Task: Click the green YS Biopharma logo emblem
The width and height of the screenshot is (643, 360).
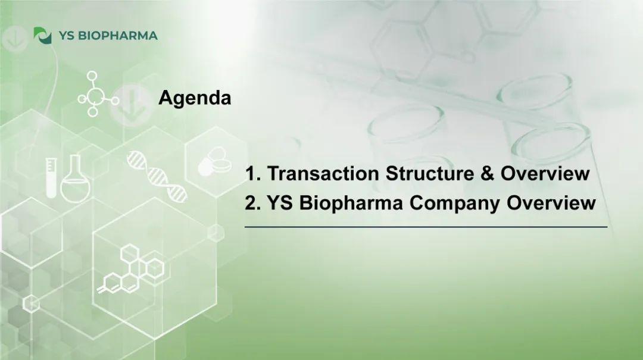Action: click(x=43, y=36)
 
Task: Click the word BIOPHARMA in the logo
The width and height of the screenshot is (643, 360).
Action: click(x=118, y=36)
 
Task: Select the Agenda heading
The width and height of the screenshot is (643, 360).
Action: click(x=195, y=98)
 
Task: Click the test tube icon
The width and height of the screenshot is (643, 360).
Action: click(x=51, y=178)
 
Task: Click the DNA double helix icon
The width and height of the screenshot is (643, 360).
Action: click(x=157, y=177)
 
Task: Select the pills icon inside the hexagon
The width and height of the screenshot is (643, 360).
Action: click(x=214, y=162)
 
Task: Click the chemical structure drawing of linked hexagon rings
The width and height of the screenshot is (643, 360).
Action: click(x=131, y=269)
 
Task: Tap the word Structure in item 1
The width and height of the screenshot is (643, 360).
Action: click(x=430, y=173)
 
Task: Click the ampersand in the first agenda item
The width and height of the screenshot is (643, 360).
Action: click(x=487, y=173)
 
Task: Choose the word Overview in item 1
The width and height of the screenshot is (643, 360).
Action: click(x=545, y=173)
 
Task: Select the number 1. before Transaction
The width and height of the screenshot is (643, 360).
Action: click(x=253, y=173)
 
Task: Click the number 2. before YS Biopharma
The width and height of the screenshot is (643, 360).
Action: click(x=253, y=203)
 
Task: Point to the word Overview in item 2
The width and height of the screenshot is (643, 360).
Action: click(x=551, y=203)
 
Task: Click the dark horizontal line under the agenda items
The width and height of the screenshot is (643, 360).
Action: click(x=426, y=227)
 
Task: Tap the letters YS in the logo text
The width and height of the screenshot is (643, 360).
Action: click(x=66, y=36)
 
